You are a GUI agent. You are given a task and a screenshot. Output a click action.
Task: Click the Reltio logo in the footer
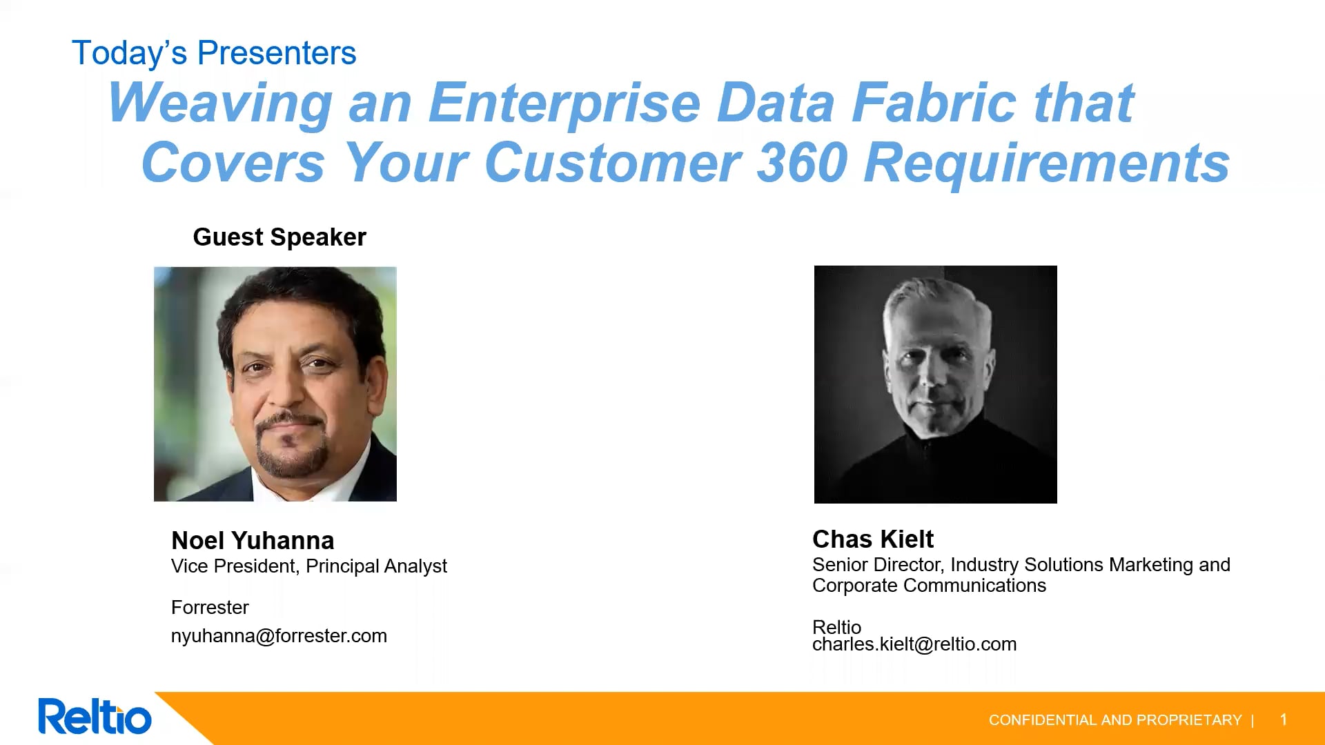coord(95,717)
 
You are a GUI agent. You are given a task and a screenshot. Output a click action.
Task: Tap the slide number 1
coord(1284,720)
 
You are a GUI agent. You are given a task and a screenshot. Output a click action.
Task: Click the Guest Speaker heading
coord(279,237)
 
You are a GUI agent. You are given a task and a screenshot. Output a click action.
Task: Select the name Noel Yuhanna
coord(253,540)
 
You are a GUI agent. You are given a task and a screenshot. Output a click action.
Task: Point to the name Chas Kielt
coord(873,539)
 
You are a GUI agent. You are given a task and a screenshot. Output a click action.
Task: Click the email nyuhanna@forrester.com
coord(279,636)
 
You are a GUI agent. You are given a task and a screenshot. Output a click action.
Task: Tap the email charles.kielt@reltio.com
coord(914,644)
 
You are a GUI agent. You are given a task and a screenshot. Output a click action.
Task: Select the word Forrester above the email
coord(210,608)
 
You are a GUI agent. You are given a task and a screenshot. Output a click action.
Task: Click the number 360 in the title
coord(802,163)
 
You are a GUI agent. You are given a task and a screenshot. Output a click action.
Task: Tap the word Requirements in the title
coord(1047,164)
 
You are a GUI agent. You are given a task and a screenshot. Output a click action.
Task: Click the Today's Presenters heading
coord(214,53)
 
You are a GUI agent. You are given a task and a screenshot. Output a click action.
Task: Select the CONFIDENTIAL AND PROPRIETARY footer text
coord(1115,720)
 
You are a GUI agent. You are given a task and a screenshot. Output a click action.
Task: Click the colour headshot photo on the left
coord(275,384)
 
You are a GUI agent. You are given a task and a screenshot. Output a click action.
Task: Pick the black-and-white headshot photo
coord(936,384)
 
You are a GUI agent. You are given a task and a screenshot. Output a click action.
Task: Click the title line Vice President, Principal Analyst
coord(309,566)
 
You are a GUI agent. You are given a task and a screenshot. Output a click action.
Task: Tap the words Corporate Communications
coord(929,586)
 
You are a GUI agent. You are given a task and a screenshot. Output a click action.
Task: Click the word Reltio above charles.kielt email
coord(836,626)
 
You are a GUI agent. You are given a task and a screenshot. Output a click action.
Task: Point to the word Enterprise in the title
coord(565,103)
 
